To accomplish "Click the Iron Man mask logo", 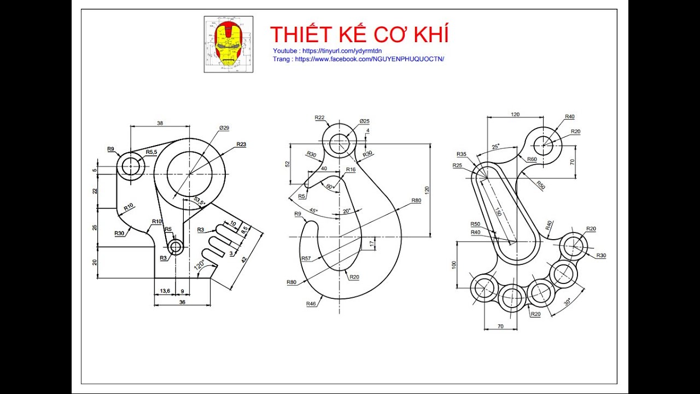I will point(229,44).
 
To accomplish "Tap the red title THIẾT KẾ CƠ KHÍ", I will point(359,34).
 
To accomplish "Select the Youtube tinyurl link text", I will point(328,51).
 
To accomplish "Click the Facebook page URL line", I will point(358,59).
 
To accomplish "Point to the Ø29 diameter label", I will point(224,128).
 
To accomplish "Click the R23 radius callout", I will point(241,144).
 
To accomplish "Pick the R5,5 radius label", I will point(151,152).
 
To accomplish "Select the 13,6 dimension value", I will point(164,291).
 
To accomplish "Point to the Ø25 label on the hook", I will point(365,121).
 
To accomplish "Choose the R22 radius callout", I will point(320,118).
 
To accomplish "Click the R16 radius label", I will point(351,170).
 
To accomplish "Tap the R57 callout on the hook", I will point(306,258).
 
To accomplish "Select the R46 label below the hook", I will point(311,303).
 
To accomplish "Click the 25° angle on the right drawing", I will point(495,147).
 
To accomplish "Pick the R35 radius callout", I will point(461,154).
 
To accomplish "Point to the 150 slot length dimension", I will point(498,212).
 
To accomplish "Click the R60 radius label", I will point(532,159).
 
